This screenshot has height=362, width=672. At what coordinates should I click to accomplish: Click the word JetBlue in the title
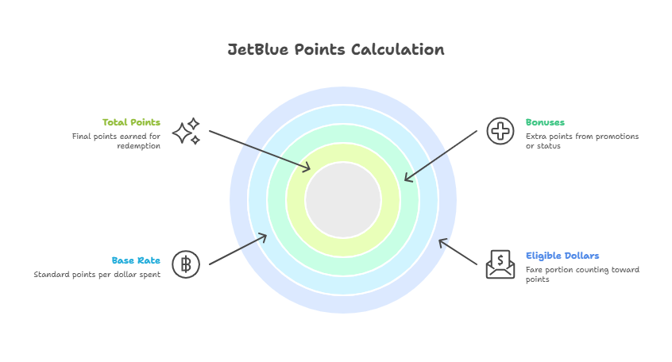coord(258,49)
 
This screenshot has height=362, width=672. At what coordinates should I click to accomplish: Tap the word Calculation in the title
coord(398,49)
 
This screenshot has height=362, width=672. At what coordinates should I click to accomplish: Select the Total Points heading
coord(131,122)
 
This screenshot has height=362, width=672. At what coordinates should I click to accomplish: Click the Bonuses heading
coord(545,122)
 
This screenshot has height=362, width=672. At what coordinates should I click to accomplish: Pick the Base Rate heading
coord(136,260)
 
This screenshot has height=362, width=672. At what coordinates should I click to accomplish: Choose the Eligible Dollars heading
coord(562,256)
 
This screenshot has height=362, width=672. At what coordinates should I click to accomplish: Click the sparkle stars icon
coord(187,131)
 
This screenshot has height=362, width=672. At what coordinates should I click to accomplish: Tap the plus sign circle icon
coord(500,131)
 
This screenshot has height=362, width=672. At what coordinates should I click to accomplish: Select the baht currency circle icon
coord(186,264)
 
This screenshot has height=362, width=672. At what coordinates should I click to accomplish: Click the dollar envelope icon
coord(500,264)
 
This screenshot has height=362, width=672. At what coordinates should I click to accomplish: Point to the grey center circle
coord(343,199)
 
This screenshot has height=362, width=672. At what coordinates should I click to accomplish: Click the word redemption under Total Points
coord(139,146)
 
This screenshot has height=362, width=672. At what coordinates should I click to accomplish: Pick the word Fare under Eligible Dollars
coord(534,270)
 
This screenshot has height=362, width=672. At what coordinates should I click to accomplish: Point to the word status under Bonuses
coord(549,146)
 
